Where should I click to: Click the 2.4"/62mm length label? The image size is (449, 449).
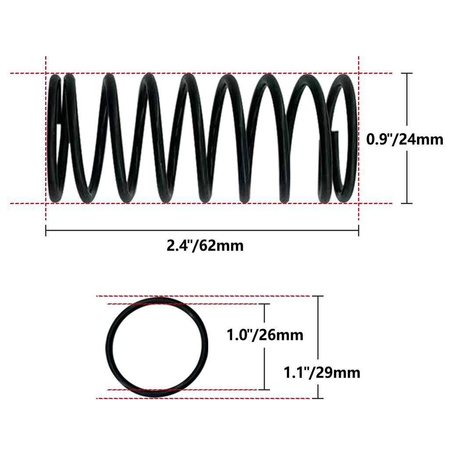click(205, 246)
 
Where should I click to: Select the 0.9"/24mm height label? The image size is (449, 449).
click(405, 139)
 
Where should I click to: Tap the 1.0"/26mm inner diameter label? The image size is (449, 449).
click(265, 335)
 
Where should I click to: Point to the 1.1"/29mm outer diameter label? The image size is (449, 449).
click(322, 373)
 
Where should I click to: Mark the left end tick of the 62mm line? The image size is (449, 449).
click(46, 231)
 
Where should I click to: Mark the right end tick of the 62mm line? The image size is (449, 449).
click(359, 231)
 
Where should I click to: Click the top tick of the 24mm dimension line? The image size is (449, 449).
click(407, 73)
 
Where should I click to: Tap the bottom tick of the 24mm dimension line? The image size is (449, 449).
click(407, 203)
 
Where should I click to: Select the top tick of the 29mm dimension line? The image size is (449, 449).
click(318, 296)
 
